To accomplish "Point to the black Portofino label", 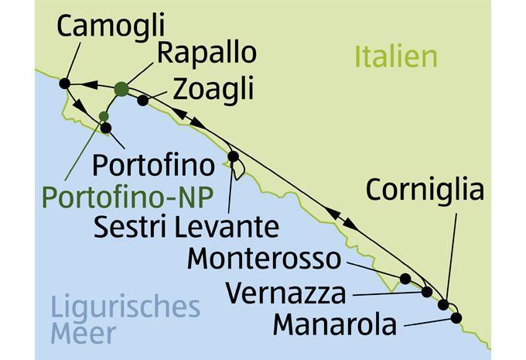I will [x=152, y=166].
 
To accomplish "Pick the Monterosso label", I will [x=264, y=258].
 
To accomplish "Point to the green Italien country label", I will [x=396, y=57].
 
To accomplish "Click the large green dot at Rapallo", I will [x=121, y=89].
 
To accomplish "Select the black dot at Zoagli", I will [x=143, y=100].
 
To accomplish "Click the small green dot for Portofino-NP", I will [x=104, y=116].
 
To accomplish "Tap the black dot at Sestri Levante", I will [x=233, y=156].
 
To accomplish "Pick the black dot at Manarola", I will [x=456, y=317].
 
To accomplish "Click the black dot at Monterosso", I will [x=405, y=278].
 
